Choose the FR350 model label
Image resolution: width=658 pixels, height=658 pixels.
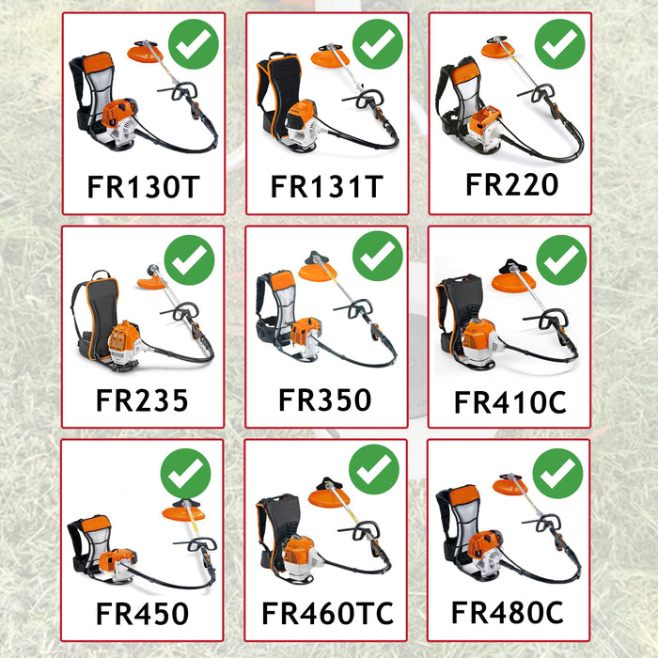coord(325,399)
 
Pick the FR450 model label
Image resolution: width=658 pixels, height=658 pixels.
coord(142,614)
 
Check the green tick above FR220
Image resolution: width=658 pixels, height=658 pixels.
coord(559,43)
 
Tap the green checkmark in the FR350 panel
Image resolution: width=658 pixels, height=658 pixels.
coord(377,256)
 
